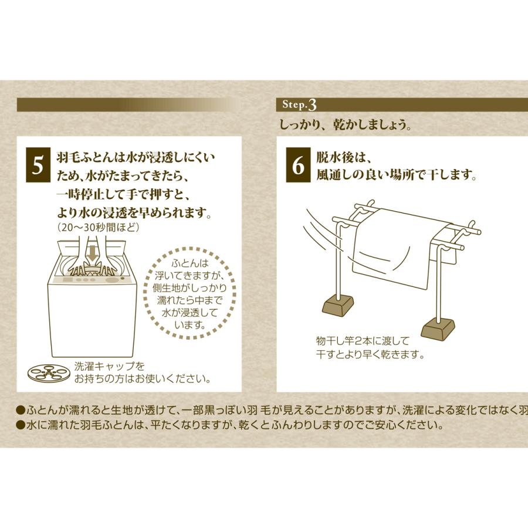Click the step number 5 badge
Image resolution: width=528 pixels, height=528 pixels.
pos(38,166)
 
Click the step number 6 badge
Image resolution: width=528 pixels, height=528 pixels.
pos(298,166)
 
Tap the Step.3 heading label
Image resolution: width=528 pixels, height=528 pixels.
pos(299,105)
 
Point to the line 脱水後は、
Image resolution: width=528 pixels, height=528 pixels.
pos(345,158)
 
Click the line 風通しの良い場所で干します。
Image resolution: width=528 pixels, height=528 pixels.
pos(396,175)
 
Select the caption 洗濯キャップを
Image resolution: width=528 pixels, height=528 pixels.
pos(110,366)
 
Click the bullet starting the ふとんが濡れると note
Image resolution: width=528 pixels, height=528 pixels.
pos(20,409)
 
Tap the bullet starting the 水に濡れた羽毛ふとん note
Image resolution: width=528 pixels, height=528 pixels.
pos(20,424)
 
